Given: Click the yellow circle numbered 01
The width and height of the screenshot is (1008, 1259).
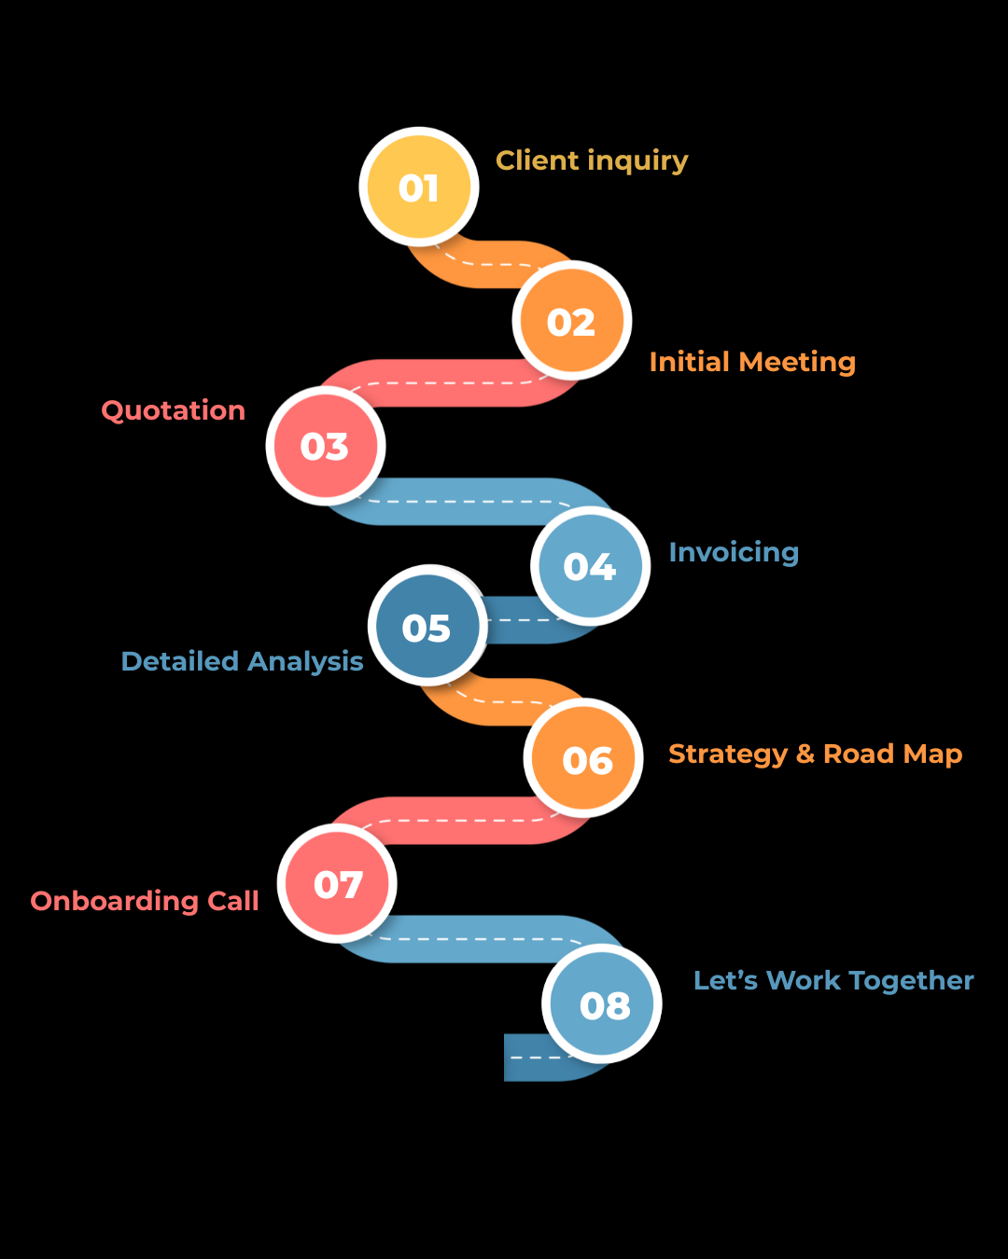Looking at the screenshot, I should click(419, 187).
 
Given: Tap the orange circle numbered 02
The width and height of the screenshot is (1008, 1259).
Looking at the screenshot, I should click(571, 322).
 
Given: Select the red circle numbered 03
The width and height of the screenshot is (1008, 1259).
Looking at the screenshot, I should click(325, 446).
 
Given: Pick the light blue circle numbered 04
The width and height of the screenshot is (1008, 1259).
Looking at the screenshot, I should click(590, 566).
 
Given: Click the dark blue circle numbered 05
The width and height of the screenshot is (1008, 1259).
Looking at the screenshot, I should click(427, 627).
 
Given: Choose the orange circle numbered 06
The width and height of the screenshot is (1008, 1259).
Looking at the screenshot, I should click(584, 760).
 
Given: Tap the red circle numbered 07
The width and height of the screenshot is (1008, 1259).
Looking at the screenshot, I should click(337, 884).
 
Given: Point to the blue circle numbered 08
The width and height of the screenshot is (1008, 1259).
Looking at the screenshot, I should click(603, 1004).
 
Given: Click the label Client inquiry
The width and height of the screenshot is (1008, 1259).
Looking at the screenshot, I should click(592, 160).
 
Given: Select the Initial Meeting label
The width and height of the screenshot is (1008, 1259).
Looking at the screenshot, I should click(752, 362).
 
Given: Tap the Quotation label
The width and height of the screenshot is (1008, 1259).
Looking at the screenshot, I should click(174, 410).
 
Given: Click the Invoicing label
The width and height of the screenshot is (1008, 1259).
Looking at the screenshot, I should click(734, 552).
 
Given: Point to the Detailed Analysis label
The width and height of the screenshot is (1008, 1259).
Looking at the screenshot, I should click(242, 661).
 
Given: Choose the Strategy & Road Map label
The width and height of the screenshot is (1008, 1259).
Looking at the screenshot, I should click(815, 754).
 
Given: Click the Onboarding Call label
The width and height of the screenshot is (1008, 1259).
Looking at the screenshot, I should click(145, 901).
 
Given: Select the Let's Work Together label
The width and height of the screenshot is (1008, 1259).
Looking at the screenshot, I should click(833, 980).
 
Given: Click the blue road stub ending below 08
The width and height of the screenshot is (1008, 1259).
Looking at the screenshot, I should click(527, 1058).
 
